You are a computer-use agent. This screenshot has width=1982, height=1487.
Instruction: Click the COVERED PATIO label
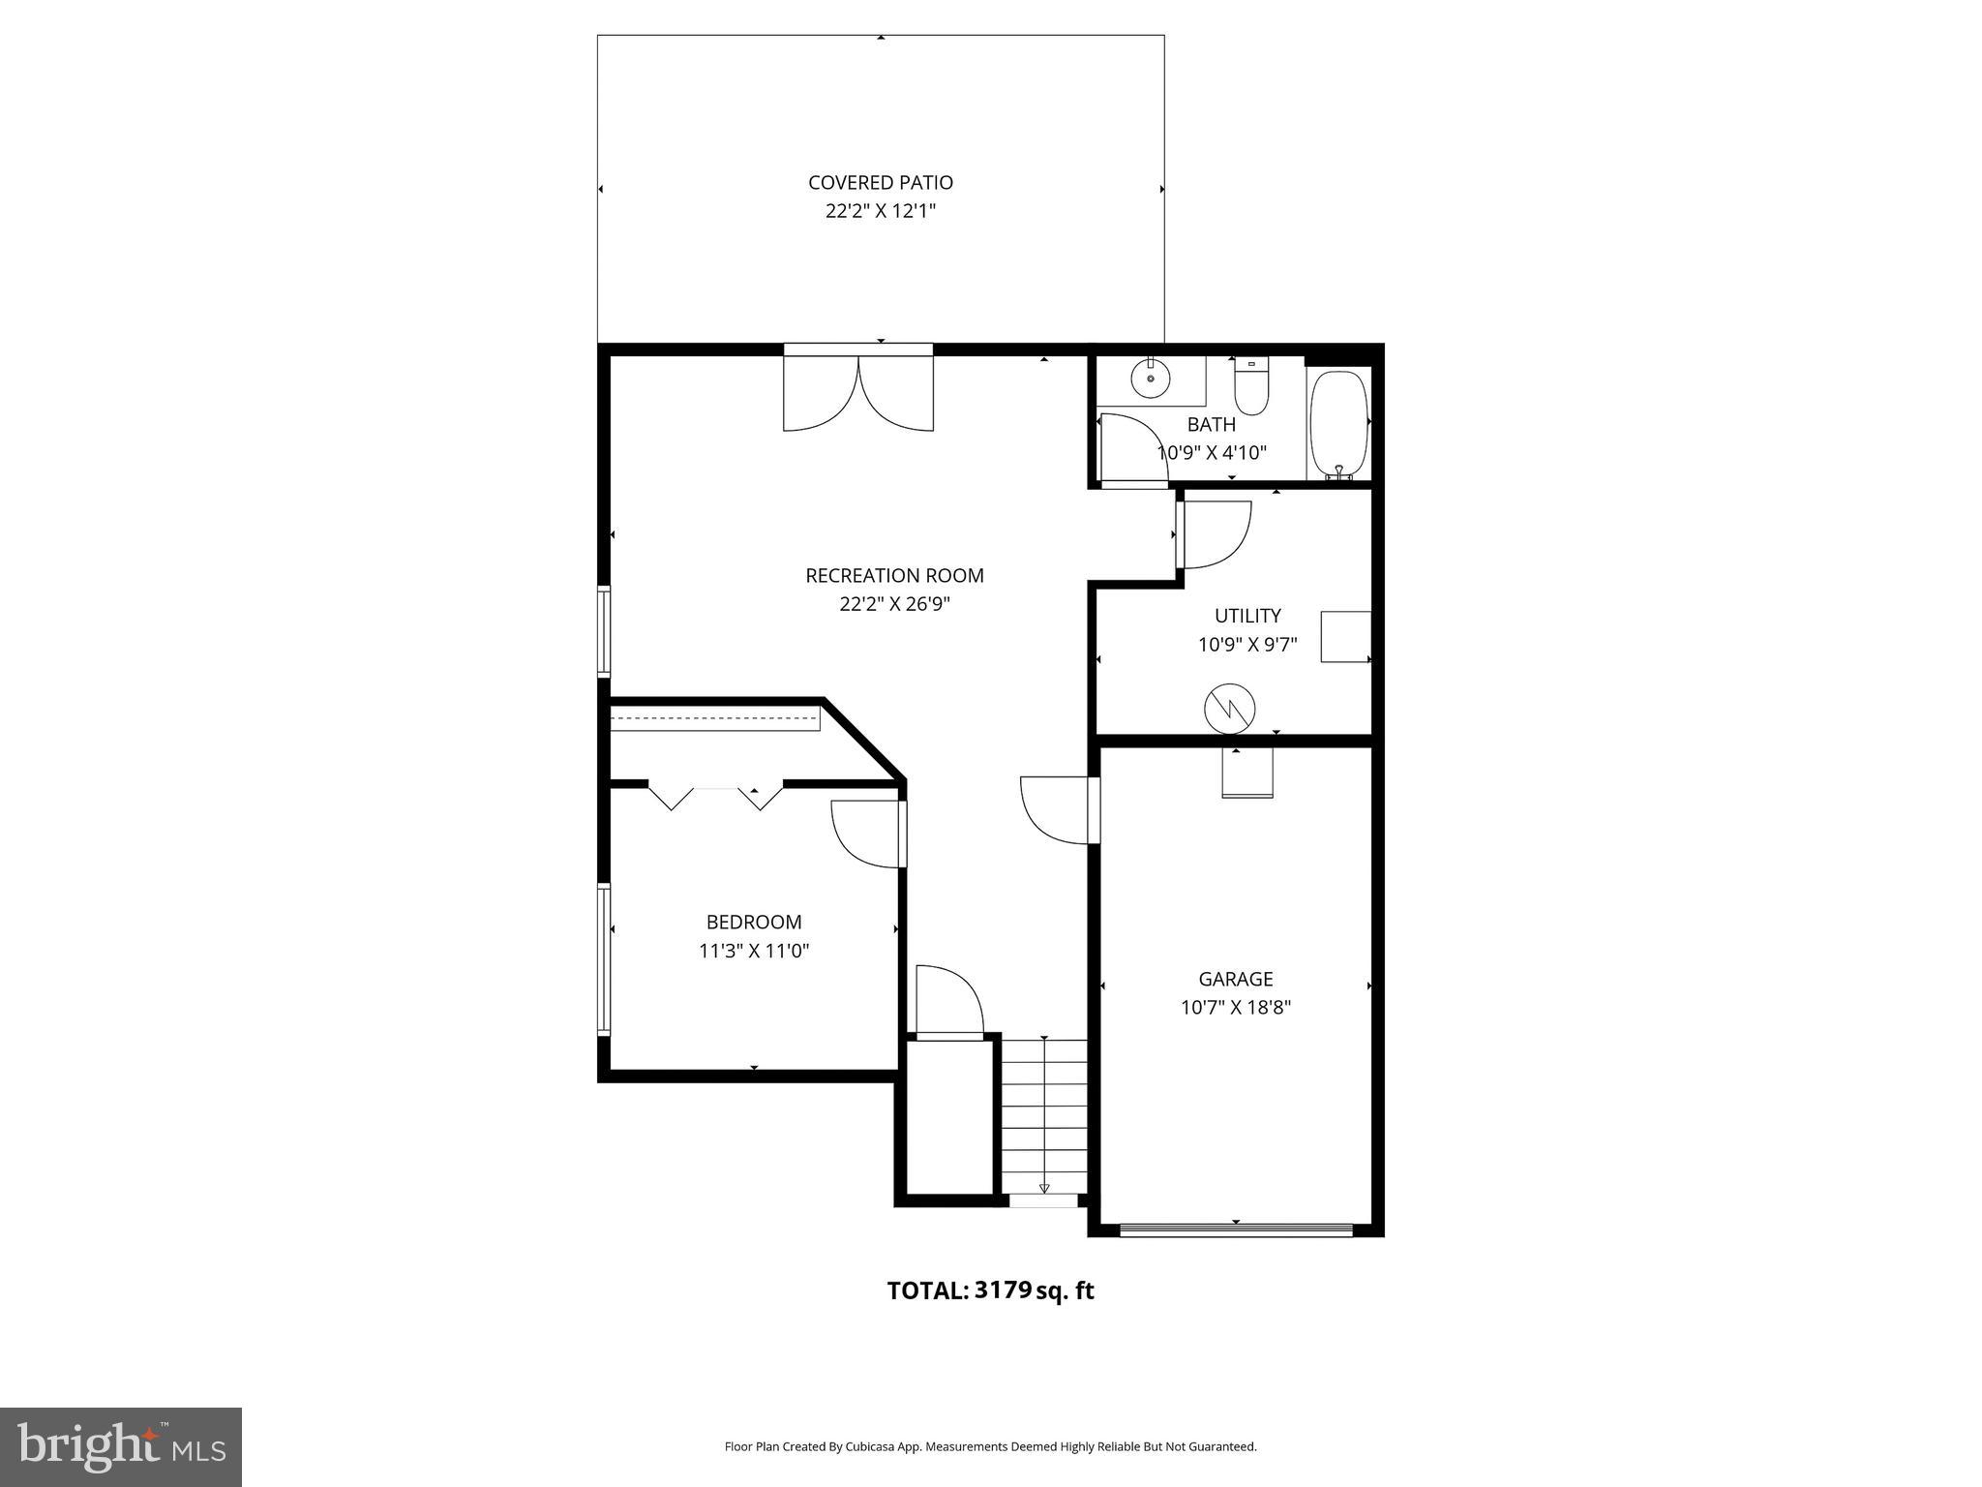pos(880,182)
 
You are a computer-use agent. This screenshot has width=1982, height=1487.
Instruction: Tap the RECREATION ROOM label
pos(894,575)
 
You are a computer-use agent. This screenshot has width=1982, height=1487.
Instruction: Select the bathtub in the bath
pos(1338,423)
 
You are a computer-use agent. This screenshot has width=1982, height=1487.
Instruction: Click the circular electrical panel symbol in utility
pos(1229,710)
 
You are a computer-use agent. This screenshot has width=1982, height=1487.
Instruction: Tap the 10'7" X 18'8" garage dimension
pos(1235,1007)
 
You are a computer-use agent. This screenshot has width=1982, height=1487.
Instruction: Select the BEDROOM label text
pos(753,922)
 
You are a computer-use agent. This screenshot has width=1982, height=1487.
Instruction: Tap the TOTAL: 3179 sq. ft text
pos(990,1290)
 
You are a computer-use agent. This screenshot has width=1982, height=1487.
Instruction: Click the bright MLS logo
pos(121,1446)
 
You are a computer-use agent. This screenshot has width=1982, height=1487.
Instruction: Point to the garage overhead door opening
pos(1235,1230)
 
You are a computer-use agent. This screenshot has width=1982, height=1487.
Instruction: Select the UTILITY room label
pos(1247,616)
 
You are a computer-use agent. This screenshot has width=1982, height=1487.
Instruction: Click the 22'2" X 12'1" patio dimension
pos(880,211)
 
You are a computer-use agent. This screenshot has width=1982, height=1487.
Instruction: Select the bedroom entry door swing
pos(867,833)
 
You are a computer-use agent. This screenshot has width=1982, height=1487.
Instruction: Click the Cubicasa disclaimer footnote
pos(990,1446)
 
